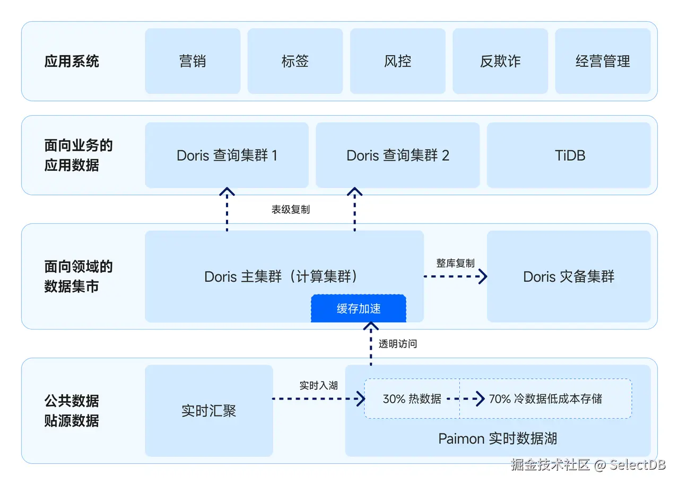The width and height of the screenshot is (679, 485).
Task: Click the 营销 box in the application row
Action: pyautogui.click(x=193, y=61)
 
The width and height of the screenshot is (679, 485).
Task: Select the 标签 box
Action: pyautogui.click(x=295, y=61)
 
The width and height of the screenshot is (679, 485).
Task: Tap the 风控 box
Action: pyautogui.click(x=397, y=61)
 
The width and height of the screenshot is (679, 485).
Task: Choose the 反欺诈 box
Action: pyautogui.click(x=500, y=61)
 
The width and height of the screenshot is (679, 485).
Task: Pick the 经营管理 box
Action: pyautogui.click(x=603, y=61)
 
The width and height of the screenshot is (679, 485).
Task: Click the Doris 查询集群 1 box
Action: pyautogui.click(x=227, y=155)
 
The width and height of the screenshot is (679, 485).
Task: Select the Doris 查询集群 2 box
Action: pyautogui.click(x=397, y=155)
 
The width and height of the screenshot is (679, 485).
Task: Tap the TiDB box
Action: pyautogui.click(x=569, y=155)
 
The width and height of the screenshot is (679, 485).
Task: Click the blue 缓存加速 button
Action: pyautogui.click(x=359, y=309)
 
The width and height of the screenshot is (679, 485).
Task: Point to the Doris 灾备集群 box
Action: pyautogui.click(x=569, y=276)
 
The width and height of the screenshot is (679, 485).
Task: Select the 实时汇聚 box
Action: pyautogui.click(x=208, y=410)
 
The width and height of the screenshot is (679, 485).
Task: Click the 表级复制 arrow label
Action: pyautogui.click(x=291, y=210)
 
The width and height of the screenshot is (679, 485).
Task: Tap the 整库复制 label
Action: pyautogui.click(x=455, y=263)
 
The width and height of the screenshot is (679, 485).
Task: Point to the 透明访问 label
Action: pyautogui.click(x=398, y=344)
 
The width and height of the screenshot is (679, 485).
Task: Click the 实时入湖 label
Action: pyautogui.click(x=318, y=385)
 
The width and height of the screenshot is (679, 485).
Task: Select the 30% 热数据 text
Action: pyautogui.click(x=412, y=399)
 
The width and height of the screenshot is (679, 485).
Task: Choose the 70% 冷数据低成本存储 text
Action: pyautogui.click(x=545, y=399)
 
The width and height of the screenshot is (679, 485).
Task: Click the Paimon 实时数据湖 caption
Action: pyautogui.click(x=498, y=438)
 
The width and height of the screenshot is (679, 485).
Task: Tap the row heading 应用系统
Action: pyautogui.click(x=72, y=61)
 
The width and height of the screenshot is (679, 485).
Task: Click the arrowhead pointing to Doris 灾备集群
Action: pyautogui.click(x=483, y=276)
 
